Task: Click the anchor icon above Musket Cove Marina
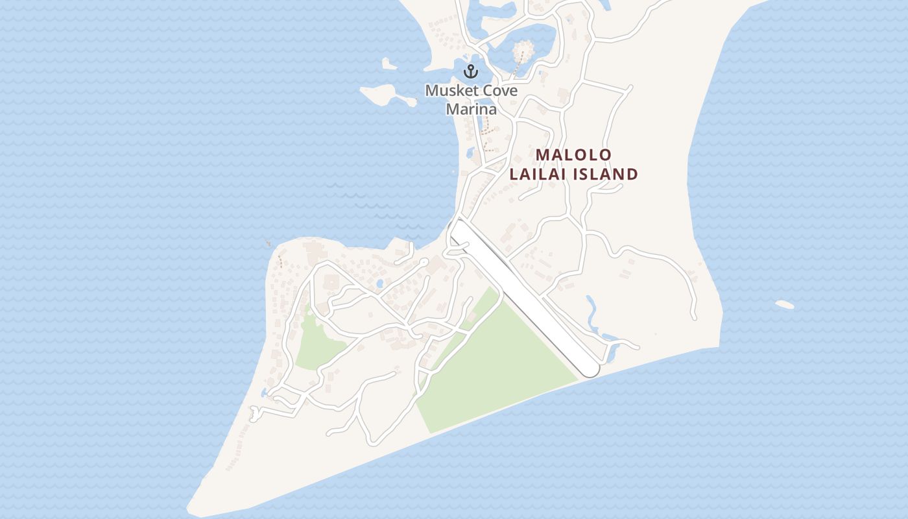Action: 470,71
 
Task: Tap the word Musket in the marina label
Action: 448,90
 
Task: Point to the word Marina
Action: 471,109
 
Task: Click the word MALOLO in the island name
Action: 574,154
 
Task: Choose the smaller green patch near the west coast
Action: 318,344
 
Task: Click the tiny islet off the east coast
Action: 784,304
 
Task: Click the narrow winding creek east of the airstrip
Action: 593,315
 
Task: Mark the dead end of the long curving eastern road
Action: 693,317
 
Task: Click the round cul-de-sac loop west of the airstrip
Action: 424,261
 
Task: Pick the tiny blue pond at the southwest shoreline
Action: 264,392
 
